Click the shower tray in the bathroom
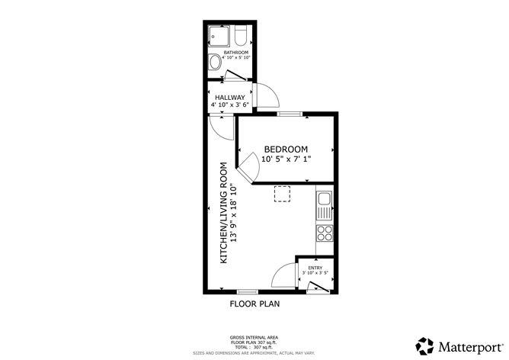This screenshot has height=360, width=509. point(219,37)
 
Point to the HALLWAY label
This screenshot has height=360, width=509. point(229,98)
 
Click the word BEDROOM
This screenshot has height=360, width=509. point(286,149)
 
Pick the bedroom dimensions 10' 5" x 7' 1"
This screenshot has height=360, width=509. point(286,159)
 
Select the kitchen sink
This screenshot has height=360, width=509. point(324,201)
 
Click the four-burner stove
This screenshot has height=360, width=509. point(324,232)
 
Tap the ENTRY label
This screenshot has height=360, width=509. point(315,268)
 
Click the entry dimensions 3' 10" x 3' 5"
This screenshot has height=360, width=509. point(315,273)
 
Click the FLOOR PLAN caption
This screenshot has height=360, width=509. point(255,304)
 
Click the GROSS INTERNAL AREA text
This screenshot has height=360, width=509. point(254,336)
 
